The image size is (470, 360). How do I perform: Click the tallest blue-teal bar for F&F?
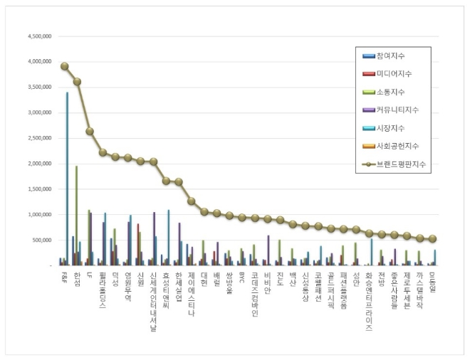[x=67, y=178]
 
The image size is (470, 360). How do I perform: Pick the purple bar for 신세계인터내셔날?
[x=154, y=238]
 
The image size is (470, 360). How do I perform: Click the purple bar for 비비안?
[x=268, y=250]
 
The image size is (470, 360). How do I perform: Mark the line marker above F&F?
[x=64, y=66]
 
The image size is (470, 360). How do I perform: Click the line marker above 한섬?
[x=77, y=82]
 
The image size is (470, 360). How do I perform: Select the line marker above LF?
[x=90, y=131]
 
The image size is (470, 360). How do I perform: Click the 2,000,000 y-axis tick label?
[x=39, y=163]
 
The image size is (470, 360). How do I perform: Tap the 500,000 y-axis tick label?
[x=42, y=240]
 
